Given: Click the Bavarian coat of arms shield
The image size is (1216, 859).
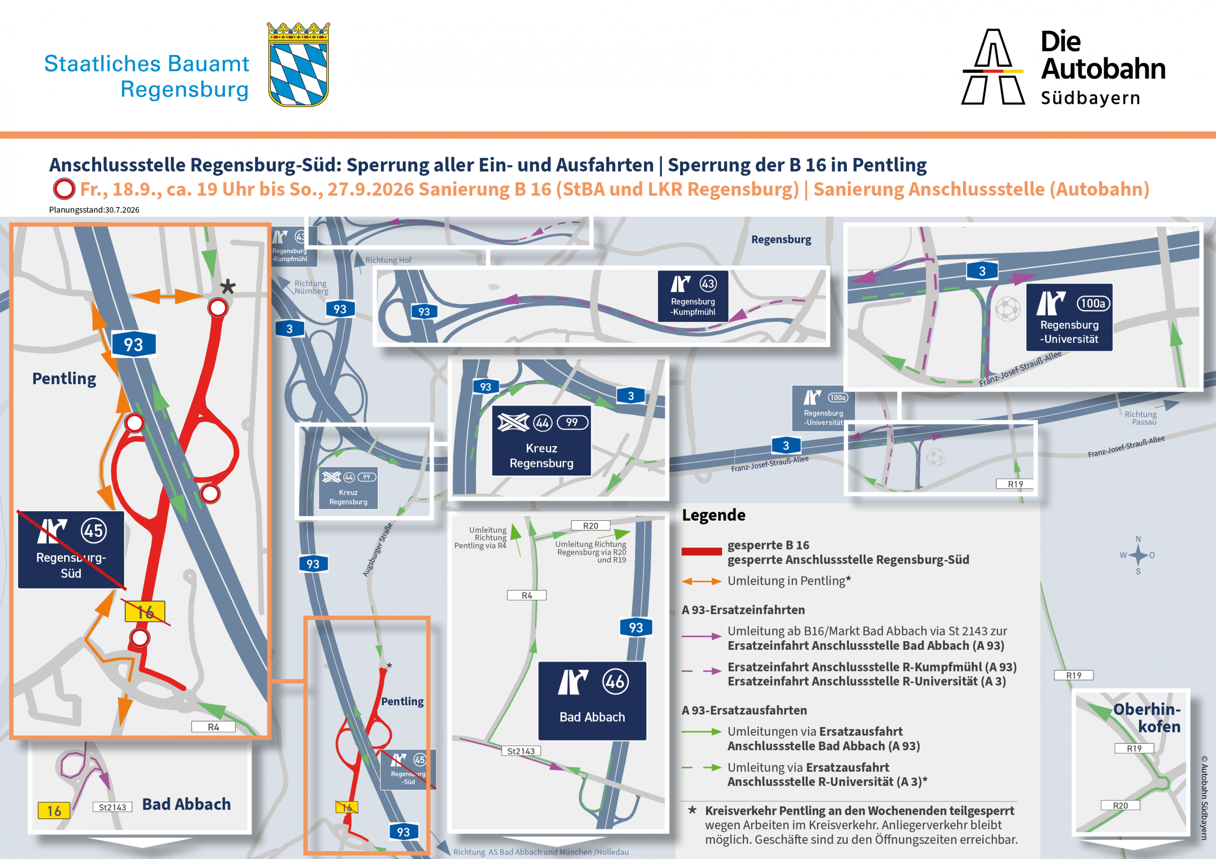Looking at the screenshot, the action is coord(298,65).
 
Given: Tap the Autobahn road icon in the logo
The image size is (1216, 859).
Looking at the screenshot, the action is coord(993,67).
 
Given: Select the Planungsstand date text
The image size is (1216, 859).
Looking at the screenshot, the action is coord(94,210).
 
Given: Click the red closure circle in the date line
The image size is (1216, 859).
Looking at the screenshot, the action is coord(64,189).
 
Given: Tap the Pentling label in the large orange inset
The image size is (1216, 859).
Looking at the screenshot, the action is coord(64,378).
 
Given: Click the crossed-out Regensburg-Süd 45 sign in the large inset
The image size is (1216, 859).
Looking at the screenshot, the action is coord(71,550).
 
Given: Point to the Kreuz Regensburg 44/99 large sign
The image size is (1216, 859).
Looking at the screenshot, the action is coord(541,441).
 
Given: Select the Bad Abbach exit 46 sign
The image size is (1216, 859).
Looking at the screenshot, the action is coord(592,701).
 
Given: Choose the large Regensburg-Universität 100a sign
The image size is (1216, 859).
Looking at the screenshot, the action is coord(1069,317).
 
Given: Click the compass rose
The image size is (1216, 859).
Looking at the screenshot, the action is coord(1138,555).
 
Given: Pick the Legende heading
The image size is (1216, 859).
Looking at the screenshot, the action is coord(713,515).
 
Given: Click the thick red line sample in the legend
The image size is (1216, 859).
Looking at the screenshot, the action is coord(701,551).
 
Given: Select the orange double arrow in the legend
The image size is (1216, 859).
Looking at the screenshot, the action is coord(701,581).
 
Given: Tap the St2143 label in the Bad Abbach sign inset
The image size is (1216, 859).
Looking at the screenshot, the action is coord(521,751).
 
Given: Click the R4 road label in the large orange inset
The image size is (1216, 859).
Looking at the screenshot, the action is coord(213,727).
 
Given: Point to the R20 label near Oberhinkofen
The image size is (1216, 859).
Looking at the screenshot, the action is coord(1120,805).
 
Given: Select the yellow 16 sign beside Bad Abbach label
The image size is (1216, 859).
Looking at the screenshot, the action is coord(54,811).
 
